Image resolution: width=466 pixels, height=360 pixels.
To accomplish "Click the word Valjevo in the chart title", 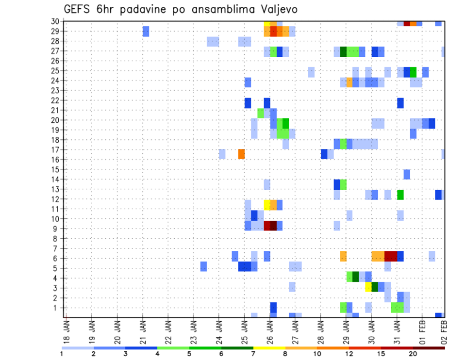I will [x=276, y=9].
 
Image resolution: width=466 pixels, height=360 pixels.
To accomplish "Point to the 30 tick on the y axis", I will [x=55, y=21].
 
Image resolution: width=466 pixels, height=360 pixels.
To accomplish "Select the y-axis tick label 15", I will [x=55, y=170].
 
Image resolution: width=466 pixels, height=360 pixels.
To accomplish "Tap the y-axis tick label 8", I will [x=57, y=239].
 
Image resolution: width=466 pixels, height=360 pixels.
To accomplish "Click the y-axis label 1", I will [x=57, y=308].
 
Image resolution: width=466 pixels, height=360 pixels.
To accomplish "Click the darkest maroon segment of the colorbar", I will [x=429, y=348].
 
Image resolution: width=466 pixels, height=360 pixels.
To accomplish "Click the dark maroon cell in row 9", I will [x=273, y=226].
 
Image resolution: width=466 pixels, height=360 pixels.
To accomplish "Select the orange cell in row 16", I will [x=241, y=154].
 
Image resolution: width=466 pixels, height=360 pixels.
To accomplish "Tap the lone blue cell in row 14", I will [x=407, y=174].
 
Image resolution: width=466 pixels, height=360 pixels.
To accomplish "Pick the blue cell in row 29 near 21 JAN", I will [x=146, y=32].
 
